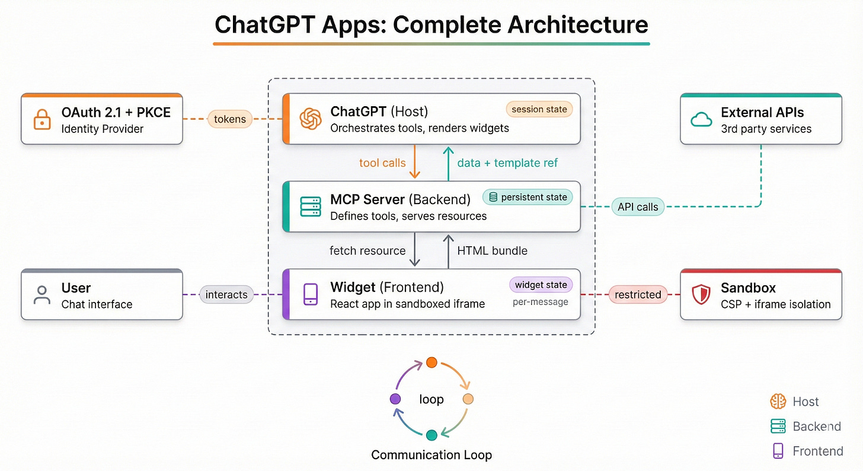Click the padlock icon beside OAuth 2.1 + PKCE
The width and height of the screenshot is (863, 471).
coord(42,119)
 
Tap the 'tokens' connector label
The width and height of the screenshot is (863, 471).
coord(230,119)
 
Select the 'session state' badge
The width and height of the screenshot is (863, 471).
coord(539,109)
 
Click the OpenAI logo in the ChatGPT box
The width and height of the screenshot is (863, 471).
coord(310,119)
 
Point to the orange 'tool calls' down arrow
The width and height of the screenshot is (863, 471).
coord(415,163)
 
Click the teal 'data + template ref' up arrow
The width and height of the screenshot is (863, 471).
coord(449,163)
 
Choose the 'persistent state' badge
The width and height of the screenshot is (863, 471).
coord(528,197)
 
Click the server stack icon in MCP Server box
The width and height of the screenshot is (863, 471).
coord(310,206)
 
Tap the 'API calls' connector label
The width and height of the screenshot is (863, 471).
coord(637,207)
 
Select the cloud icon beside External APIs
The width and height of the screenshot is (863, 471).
coord(701,119)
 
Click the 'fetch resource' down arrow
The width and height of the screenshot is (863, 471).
coord(415,250)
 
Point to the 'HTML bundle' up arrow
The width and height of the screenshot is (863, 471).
coord(449,250)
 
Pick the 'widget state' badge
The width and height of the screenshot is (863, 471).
coord(541,285)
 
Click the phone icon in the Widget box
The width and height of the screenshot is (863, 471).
coord(310,294)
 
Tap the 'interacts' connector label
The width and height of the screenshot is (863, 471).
coord(226,294)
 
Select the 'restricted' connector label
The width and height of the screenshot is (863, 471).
coord(638,294)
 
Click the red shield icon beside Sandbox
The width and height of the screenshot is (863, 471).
coord(701,294)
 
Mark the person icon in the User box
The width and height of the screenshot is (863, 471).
coord(42,295)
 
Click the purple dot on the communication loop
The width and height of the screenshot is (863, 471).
coord(396,399)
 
